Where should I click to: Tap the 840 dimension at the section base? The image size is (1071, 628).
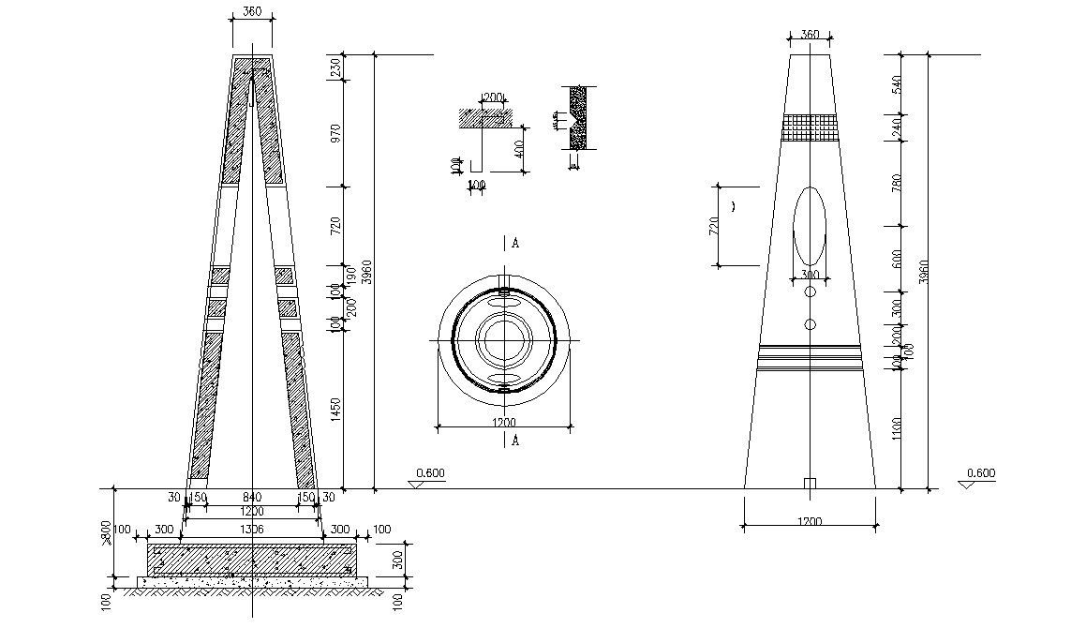[252, 498]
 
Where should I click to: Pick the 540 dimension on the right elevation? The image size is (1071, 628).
[896, 84]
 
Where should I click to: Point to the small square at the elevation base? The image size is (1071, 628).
[811, 484]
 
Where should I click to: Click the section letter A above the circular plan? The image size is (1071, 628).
[514, 244]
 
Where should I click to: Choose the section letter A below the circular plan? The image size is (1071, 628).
[514, 441]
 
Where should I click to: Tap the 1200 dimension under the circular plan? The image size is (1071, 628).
[504, 423]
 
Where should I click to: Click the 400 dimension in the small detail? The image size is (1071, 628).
[520, 150]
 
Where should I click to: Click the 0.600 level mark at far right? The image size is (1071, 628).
[980, 473]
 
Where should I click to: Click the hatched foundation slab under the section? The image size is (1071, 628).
[252, 561]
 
